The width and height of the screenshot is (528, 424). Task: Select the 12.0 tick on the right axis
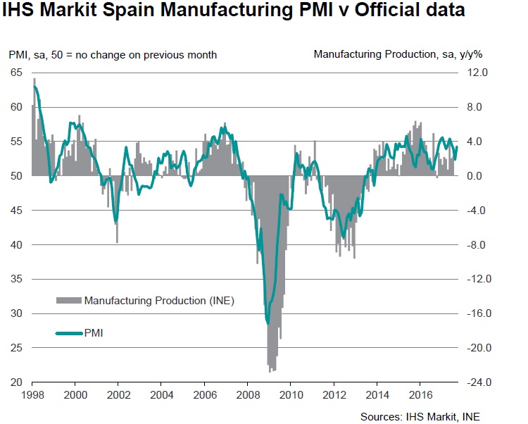pos(469,73)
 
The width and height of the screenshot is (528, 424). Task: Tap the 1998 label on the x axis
pos(32,395)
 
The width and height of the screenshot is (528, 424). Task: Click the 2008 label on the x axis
pos(248,395)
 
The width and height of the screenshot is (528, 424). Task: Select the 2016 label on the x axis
pos(420,395)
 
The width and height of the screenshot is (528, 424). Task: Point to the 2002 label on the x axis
pos(118,395)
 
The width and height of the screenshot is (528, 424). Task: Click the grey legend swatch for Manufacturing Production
pos(69,301)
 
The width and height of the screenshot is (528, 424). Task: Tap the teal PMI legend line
pos(69,332)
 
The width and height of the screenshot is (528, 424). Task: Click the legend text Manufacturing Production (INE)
pos(159,301)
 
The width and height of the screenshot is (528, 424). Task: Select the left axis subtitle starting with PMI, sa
pos(113,54)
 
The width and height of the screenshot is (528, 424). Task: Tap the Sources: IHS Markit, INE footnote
pos(420,416)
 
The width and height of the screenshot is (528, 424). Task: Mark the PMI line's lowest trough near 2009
pos(268,323)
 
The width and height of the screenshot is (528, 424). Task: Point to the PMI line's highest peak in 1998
pos(35,87)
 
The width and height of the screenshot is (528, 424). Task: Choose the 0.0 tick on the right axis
pos(470,176)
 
